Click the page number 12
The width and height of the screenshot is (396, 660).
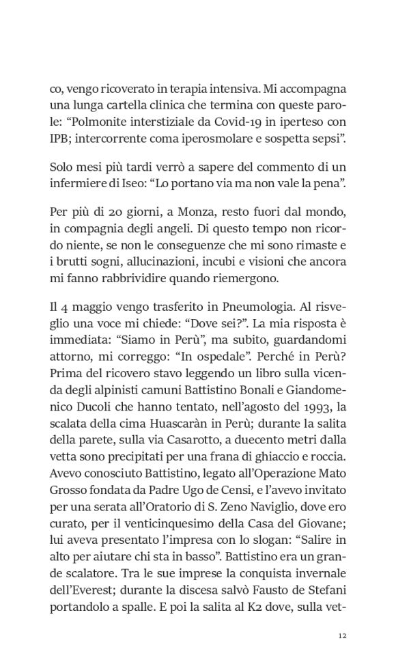(343, 635)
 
